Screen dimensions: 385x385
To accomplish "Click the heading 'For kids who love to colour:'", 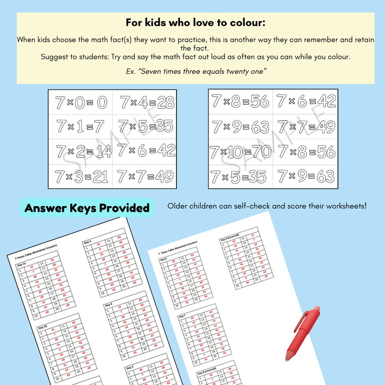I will tap(195, 22).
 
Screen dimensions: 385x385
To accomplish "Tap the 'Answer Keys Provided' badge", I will tap(87, 208).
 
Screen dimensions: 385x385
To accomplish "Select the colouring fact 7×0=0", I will tap(80, 102).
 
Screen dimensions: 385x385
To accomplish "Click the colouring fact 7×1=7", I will tap(80, 127).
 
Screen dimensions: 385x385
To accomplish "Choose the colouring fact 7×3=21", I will tap(80, 176).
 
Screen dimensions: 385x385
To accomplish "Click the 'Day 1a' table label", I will tap(22, 265).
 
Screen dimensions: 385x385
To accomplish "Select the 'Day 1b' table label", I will tap(44, 327).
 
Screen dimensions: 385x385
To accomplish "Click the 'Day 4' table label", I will tap(109, 305).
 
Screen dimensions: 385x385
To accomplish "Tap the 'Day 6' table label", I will tap(163, 259).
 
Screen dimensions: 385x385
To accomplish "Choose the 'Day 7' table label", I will tap(183, 316).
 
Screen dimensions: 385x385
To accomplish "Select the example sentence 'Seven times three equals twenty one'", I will tap(195, 72).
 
